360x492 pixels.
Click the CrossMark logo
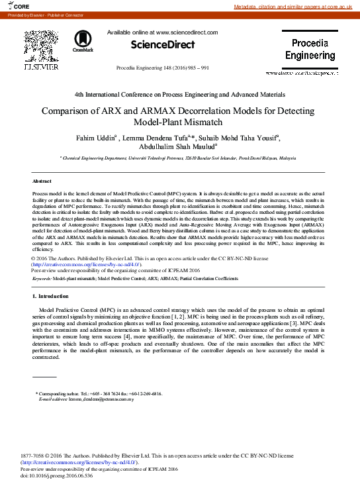click(83, 41)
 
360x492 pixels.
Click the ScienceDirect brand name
click(163, 45)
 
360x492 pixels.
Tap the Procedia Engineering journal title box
click(310, 50)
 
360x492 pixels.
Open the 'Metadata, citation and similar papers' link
click(296, 7)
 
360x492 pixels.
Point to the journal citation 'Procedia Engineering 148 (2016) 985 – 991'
click(163, 68)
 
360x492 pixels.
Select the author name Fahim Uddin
click(98, 138)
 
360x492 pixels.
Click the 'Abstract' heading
click(41, 181)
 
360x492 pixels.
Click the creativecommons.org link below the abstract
click(86, 264)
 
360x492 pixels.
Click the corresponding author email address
click(101, 399)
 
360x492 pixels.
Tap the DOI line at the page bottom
click(57, 475)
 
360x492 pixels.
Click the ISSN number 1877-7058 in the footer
click(32, 456)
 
